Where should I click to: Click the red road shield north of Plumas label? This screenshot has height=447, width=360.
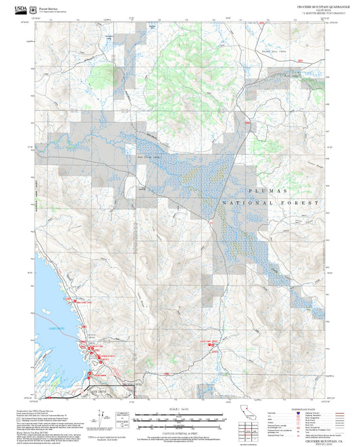coord(248,124)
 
